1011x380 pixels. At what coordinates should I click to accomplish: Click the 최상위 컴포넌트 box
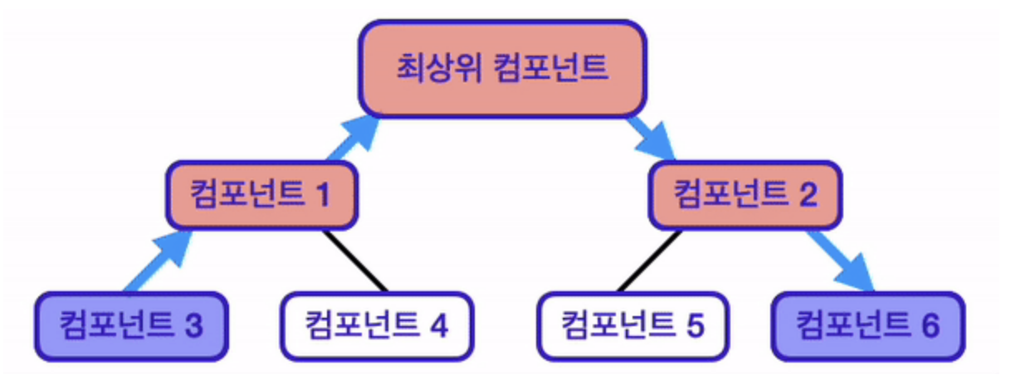coord(503,69)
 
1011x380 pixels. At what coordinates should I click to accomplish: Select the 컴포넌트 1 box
coord(262,195)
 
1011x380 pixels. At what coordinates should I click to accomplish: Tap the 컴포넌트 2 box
coord(745,195)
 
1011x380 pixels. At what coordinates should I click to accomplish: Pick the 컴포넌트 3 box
coord(132,326)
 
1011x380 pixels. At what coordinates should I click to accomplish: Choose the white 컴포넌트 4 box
coord(377,326)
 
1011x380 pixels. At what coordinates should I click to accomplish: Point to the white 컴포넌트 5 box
coord(632,326)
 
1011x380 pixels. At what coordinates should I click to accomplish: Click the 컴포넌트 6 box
coord(868,326)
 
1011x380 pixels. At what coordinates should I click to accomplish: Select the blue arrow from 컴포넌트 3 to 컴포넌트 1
coord(158,261)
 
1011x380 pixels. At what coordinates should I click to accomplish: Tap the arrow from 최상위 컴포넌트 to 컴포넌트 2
coord(651,139)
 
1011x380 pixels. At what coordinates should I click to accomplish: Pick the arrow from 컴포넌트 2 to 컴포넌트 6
coord(842,261)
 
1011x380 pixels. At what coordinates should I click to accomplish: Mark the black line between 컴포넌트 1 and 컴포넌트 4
coord(354,261)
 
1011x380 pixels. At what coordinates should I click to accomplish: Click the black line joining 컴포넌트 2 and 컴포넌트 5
coord(649,261)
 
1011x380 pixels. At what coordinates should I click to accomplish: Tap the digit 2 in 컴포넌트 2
coord(808,196)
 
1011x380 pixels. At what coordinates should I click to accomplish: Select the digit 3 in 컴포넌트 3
coord(194,326)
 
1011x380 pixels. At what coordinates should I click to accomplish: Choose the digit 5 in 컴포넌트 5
coord(695,326)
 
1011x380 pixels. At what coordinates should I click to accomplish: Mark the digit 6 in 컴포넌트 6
coord(930,326)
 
